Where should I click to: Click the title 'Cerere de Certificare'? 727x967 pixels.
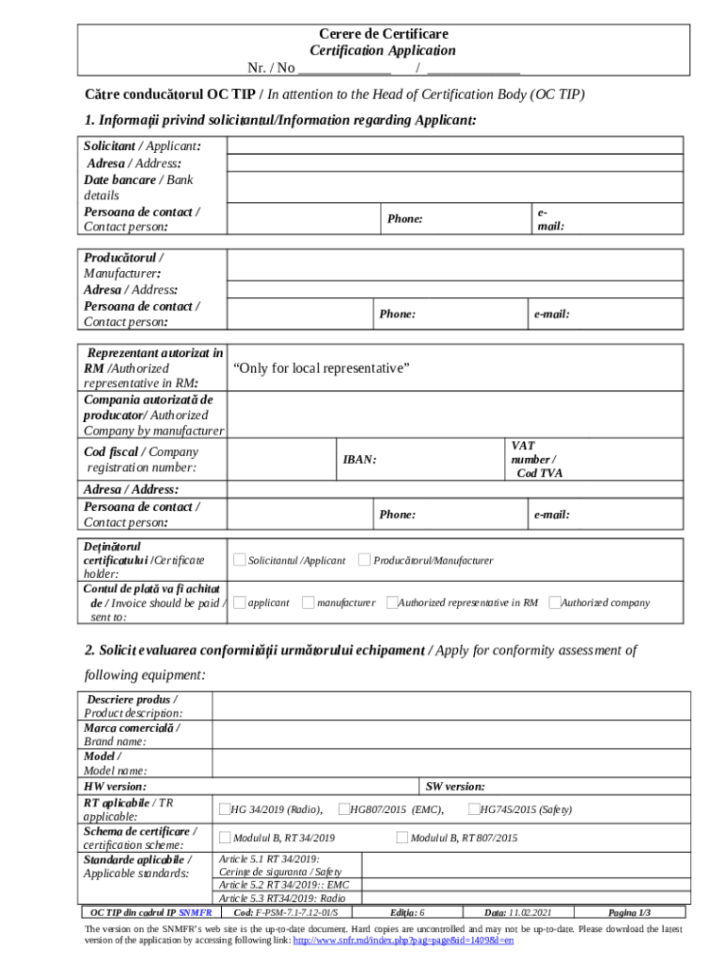[x=382, y=34]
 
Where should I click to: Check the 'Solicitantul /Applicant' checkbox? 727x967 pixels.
[x=240, y=560]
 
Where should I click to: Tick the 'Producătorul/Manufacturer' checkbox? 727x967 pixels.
[x=364, y=560]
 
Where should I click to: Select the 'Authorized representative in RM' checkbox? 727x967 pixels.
[x=392, y=602]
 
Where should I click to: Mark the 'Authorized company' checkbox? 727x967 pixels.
[x=555, y=602]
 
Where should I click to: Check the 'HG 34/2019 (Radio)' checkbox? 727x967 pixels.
[x=225, y=808]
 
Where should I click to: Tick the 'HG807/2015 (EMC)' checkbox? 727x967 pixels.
[x=344, y=808]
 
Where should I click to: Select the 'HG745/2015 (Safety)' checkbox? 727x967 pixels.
[x=475, y=808]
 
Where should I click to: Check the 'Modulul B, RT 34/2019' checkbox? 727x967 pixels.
[x=225, y=837]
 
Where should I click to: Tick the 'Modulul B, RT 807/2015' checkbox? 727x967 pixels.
[x=402, y=837]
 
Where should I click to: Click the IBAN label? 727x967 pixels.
[x=359, y=460]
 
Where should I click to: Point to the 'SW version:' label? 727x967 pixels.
[x=455, y=786]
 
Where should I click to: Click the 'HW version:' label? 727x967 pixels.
[x=115, y=786]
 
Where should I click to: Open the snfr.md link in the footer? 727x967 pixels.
[x=403, y=941]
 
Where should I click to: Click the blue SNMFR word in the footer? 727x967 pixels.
[x=195, y=913]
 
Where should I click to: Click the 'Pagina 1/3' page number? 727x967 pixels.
[x=630, y=913]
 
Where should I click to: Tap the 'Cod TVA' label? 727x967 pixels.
[x=539, y=473]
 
